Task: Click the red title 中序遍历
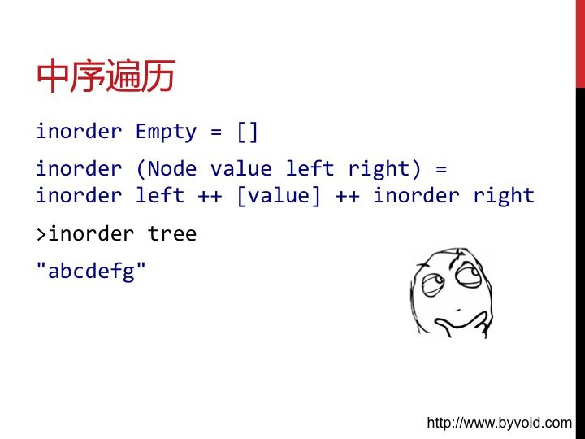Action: (x=106, y=76)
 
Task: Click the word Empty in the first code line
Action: (x=166, y=133)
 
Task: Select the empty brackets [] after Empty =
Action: (x=247, y=133)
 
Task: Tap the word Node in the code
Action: (x=172, y=169)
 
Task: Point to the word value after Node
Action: (x=241, y=169)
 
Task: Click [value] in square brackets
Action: (x=279, y=196)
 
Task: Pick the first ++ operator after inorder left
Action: (x=210, y=197)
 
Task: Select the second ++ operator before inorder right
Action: (x=348, y=197)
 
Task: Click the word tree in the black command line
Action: (x=172, y=234)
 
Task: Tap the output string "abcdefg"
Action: (x=91, y=271)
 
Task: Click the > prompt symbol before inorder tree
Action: (x=41, y=235)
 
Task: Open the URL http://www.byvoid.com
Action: (x=499, y=423)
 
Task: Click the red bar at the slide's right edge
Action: (x=580, y=44)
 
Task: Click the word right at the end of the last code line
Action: (x=504, y=196)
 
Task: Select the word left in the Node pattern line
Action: (x=310, y=169)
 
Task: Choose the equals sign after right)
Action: (x=441, y=169)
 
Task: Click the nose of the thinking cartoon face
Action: (x=457, y=309)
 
